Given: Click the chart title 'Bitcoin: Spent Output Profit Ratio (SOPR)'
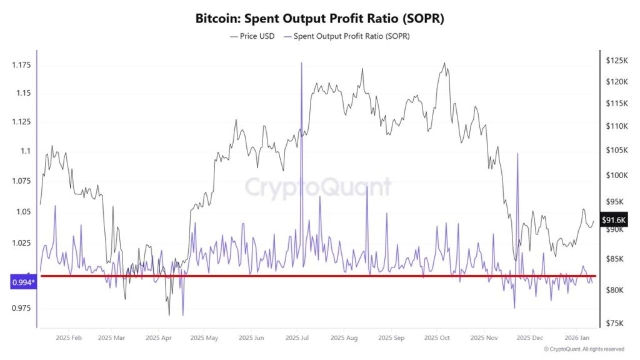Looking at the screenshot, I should tap(320, 19).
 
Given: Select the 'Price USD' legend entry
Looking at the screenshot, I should tap(254, 36).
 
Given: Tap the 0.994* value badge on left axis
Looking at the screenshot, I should tap(24, 283).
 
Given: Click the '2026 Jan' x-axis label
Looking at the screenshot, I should tap(576, 337).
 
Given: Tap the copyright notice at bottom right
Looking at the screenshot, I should tap(584, 349).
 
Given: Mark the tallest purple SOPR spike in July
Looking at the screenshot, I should tap(302, 63).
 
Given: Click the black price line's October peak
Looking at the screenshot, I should tap(444, 63).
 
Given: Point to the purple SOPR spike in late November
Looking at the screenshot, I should tap(518, 154).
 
